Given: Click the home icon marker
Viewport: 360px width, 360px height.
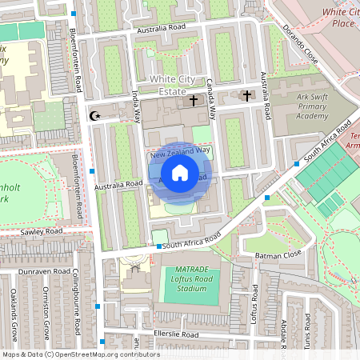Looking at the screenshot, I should click(x=180, y=173).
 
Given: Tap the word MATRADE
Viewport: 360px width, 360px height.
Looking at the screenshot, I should click(x=186, y=270).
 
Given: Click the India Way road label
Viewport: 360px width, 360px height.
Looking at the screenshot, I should click(x=137, y=105).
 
